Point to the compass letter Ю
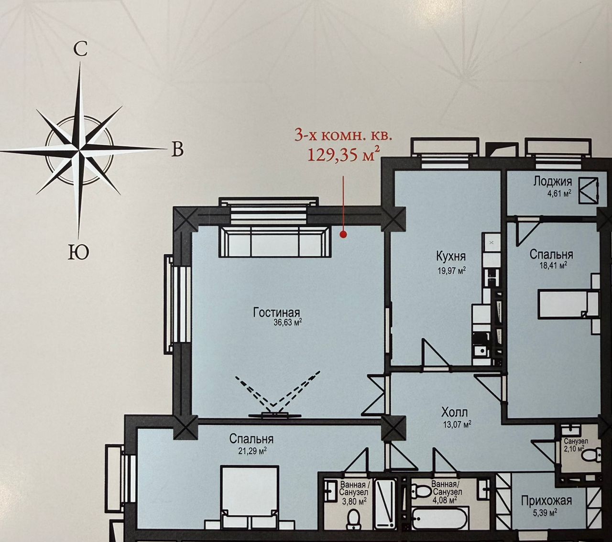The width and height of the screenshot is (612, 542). click(x=78, y=252)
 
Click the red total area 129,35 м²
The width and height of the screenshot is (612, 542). click(x=343, y=154)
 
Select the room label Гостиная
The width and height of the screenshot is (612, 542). click(x=277, y=312)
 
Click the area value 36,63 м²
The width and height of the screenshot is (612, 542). click(x=287, y=322)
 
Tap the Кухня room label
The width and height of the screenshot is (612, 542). click(x=451, y=256)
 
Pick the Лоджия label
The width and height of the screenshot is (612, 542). click(x=553, y=182)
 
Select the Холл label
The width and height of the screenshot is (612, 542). click(x=454, y=412)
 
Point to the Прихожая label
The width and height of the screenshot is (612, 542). click(x=546, y=500)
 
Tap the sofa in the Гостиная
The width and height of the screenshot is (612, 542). click(x=275, y=241)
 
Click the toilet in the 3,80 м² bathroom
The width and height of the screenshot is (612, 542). click(x=353, y=520)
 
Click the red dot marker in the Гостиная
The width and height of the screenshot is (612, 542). click(x=343, y=234)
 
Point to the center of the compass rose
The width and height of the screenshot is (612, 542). click(x=79, y=149)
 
